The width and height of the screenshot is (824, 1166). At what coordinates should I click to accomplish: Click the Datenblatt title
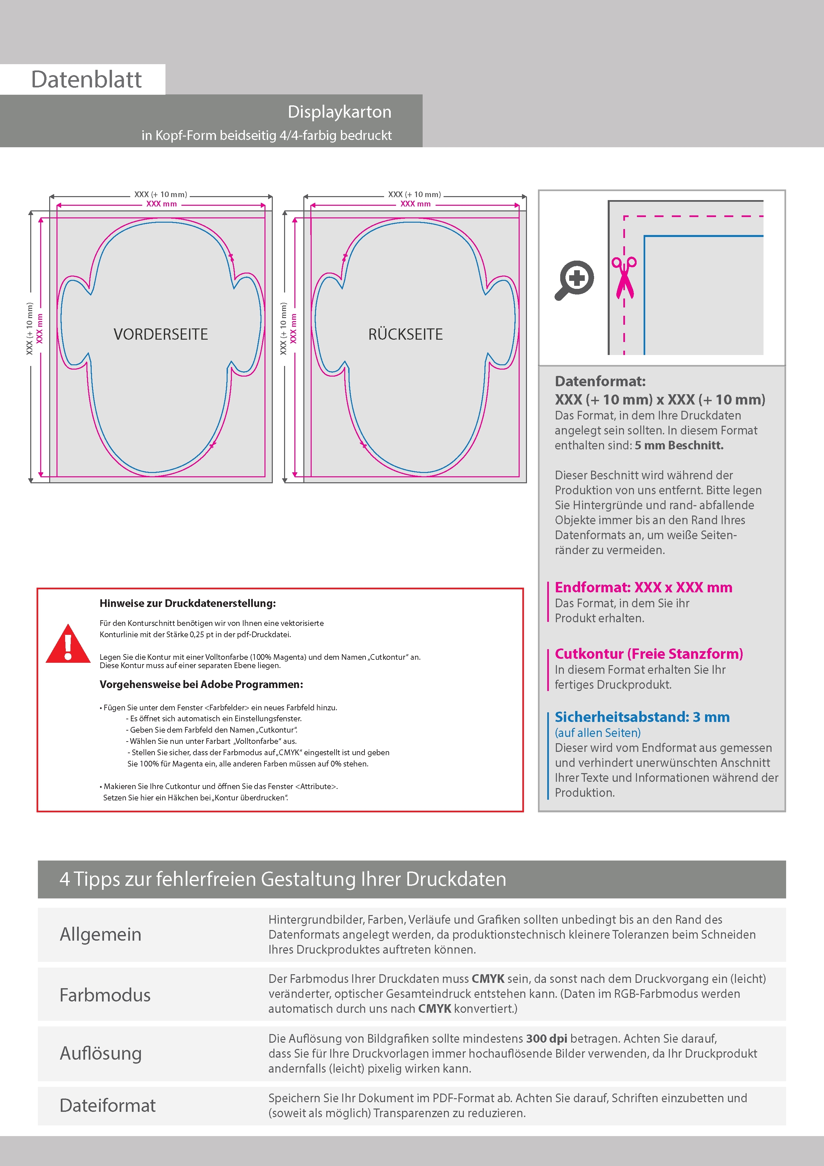[86, 80]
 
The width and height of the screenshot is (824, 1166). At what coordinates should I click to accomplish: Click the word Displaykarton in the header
[339, 112]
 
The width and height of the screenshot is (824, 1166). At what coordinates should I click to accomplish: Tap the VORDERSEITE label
[160, 334]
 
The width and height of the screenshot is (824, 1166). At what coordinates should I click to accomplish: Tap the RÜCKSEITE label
[405, 334]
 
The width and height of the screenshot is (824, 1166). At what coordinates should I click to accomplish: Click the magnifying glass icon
[574, 280]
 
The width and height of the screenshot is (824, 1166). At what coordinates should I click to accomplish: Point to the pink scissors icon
[624, 277]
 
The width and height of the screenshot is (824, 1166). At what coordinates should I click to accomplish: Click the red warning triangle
[68, 644]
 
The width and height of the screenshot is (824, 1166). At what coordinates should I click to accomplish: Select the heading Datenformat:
[600, 381]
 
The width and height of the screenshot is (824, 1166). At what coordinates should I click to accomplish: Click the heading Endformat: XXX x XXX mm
[643, 588]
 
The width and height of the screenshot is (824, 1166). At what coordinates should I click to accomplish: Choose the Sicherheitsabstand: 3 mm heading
[642, 717]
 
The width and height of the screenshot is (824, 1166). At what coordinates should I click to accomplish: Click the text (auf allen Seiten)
[597, 733]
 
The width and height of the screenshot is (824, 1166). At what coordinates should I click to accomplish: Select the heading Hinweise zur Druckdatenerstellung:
[187, 603]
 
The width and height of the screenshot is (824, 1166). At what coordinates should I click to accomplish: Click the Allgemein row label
[101, 934]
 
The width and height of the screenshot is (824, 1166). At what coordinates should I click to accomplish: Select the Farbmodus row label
[105, 995]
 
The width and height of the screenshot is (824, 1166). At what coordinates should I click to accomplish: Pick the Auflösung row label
[101, 1053]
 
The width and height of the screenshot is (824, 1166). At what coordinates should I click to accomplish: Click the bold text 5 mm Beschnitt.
[679, 445]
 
